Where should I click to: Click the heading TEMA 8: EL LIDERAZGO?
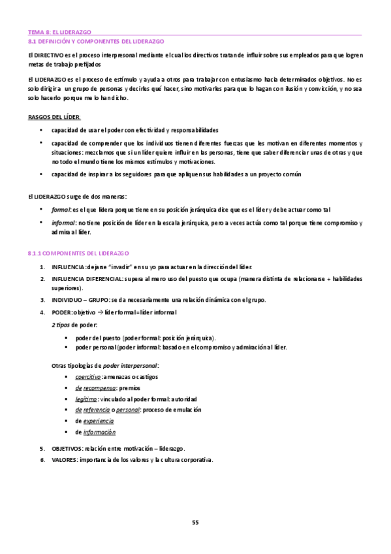pos(59,31)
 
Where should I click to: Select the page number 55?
pos(195,521)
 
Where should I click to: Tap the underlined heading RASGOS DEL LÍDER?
pos(54,116)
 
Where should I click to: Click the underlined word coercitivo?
pos(87,377)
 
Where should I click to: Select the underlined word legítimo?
pos(86,399)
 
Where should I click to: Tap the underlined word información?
pos(99,432)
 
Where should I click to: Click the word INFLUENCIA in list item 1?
pos(68,267)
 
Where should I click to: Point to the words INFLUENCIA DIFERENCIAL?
pos(86,278)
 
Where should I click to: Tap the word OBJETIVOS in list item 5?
pos(67,449)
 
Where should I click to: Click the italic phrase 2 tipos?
pos(61,325)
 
